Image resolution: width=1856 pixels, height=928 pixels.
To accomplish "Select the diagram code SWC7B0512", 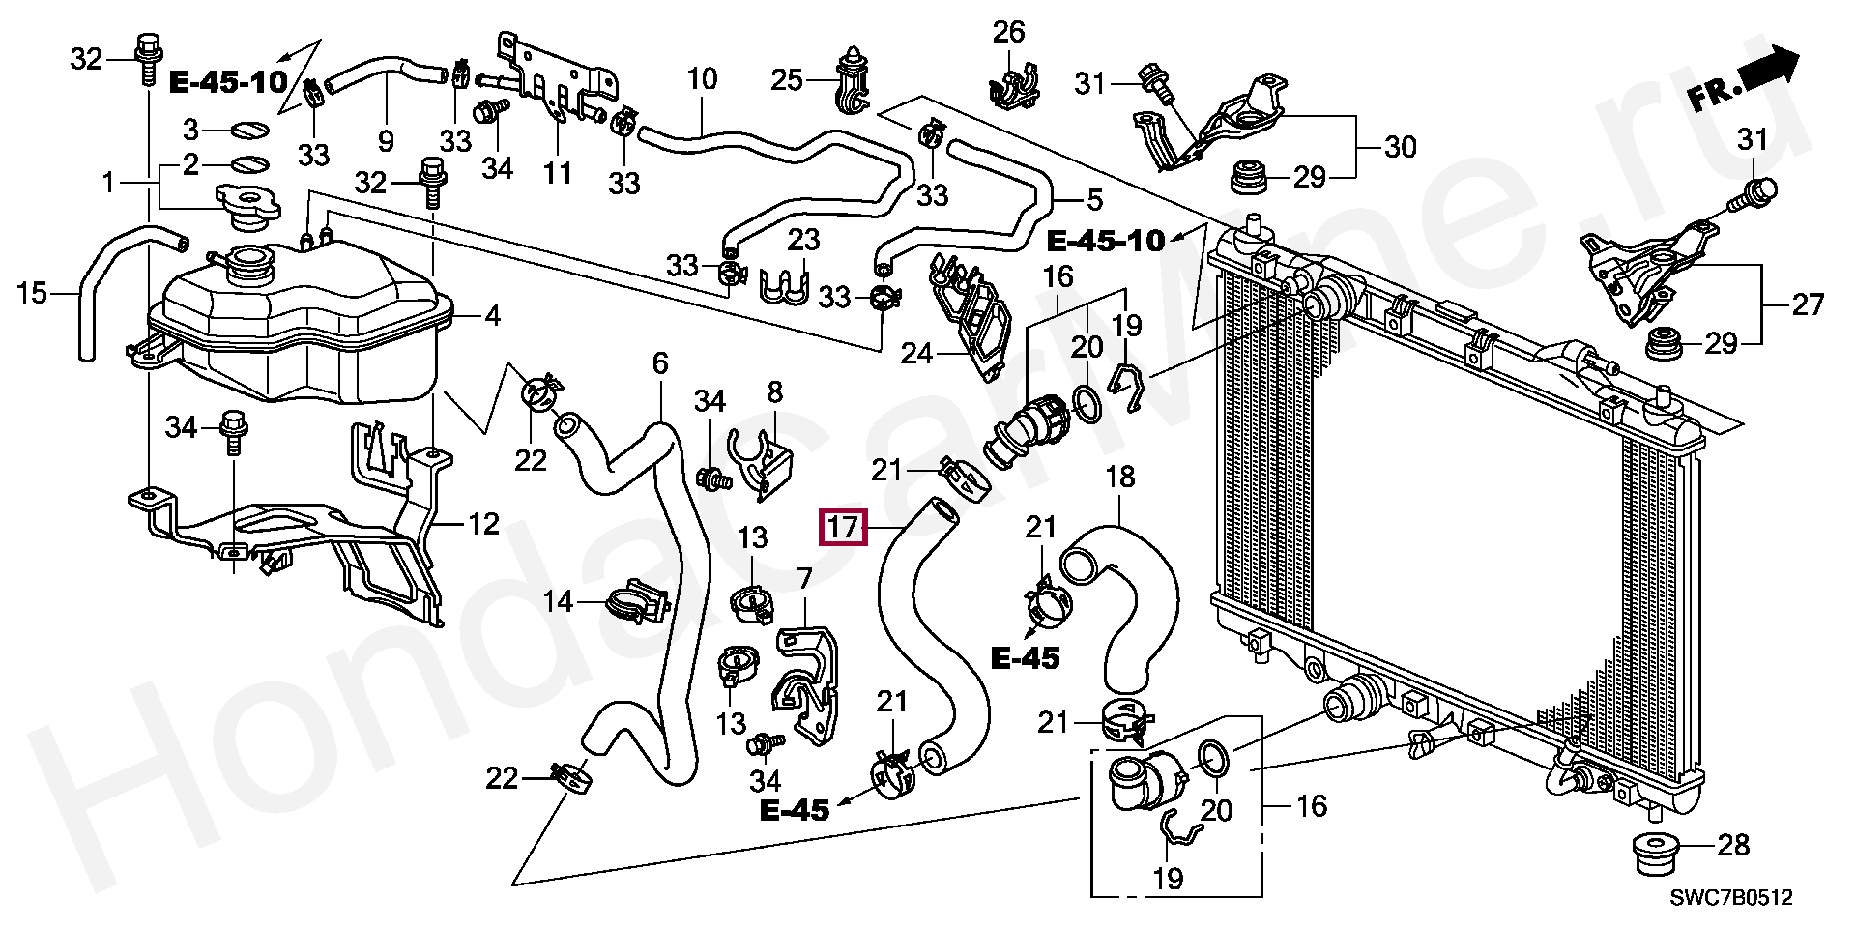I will click(1730, 898).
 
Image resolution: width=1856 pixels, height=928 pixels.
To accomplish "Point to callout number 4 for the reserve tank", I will click(492, 315).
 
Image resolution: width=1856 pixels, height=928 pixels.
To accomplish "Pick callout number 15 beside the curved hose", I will click(32, 292).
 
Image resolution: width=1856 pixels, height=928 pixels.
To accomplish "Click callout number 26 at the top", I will click(1008, 32).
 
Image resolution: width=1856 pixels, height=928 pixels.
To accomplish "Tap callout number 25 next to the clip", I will click(787, 79).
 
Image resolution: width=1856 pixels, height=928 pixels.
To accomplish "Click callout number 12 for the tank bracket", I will click(483, 524).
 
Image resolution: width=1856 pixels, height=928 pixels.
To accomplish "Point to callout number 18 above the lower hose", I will click(1119, 477).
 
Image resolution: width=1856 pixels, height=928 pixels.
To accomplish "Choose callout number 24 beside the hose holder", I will click(915, 354).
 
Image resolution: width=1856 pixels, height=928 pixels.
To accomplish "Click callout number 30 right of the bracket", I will click(1400, 147).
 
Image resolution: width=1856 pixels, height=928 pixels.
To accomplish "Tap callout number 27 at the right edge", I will click(1807, 305).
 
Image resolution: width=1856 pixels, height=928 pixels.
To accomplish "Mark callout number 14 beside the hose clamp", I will click(558, 602).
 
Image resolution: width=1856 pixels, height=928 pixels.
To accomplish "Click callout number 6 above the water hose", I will click(660, 363).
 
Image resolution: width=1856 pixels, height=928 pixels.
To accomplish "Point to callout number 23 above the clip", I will click(802, 239).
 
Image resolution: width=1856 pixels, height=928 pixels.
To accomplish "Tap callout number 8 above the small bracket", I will click(774, 392).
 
